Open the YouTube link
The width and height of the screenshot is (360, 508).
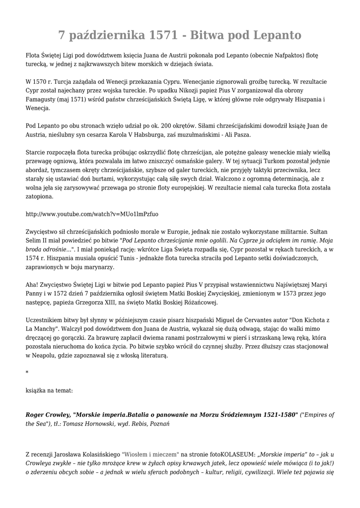click(x=92, y=214)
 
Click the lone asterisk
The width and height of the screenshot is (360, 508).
click(x=27, y=372)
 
